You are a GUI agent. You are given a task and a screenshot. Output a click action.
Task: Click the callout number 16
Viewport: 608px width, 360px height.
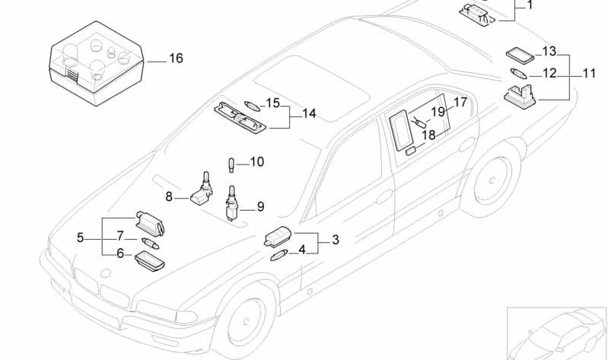(x=175, y=59)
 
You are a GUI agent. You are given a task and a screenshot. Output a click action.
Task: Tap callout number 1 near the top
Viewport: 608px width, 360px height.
(x=530, y=5)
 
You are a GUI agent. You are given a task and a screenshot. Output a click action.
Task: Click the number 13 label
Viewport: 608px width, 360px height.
(x=549, y=52)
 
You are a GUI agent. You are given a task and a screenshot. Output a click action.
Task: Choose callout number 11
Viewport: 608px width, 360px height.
(x=589, y=74)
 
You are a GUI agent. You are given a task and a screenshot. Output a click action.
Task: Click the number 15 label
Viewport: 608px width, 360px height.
(x=272, y=103)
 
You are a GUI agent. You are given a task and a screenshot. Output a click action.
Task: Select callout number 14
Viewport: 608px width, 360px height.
(x=308, y=114)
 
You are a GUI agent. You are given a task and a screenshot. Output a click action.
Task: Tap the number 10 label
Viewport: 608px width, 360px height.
(x=256, y=161)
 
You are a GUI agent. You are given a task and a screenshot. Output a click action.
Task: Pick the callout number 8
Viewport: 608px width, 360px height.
(x=169, y=196)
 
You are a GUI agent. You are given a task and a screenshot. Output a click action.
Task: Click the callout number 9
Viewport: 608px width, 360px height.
(x=259, y=205)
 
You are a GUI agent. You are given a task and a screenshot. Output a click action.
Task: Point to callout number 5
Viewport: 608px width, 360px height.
(x=80, y=237)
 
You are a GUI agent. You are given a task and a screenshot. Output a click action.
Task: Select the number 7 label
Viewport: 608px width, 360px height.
(x=119, y=236)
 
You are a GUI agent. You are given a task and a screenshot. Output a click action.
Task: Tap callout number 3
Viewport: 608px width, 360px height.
(x=335, y=240)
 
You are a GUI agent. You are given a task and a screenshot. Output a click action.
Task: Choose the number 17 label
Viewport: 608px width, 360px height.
(x=460, y=102)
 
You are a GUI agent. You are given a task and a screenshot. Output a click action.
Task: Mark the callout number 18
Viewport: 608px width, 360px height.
(x=428, y=135)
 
